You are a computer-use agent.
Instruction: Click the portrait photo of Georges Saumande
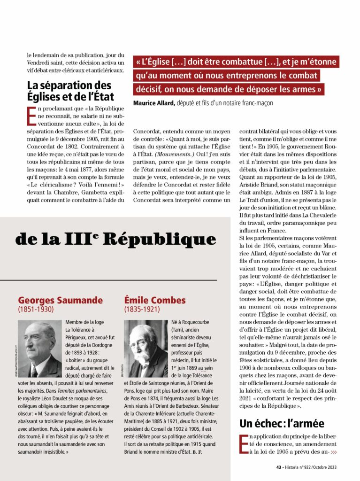(40, 349)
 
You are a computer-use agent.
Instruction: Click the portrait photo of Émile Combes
(146, 349)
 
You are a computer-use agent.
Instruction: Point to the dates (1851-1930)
(36, 310)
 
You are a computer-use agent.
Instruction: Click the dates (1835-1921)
(142, 310)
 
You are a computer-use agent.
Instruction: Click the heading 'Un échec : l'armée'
(282, 423)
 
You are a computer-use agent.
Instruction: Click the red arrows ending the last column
(334, 452)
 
